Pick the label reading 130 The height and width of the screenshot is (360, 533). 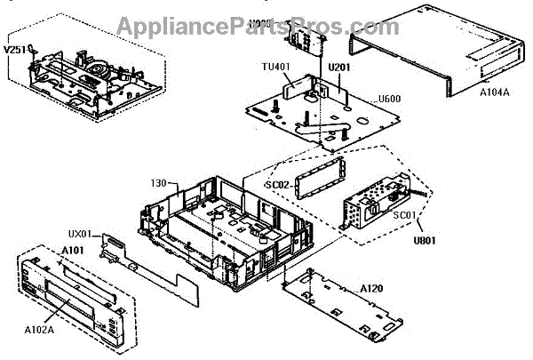(161, 183)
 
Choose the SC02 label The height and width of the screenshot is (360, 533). (278, 183)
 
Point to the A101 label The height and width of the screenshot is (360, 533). (72, 250)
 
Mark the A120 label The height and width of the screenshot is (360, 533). (373, 289)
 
